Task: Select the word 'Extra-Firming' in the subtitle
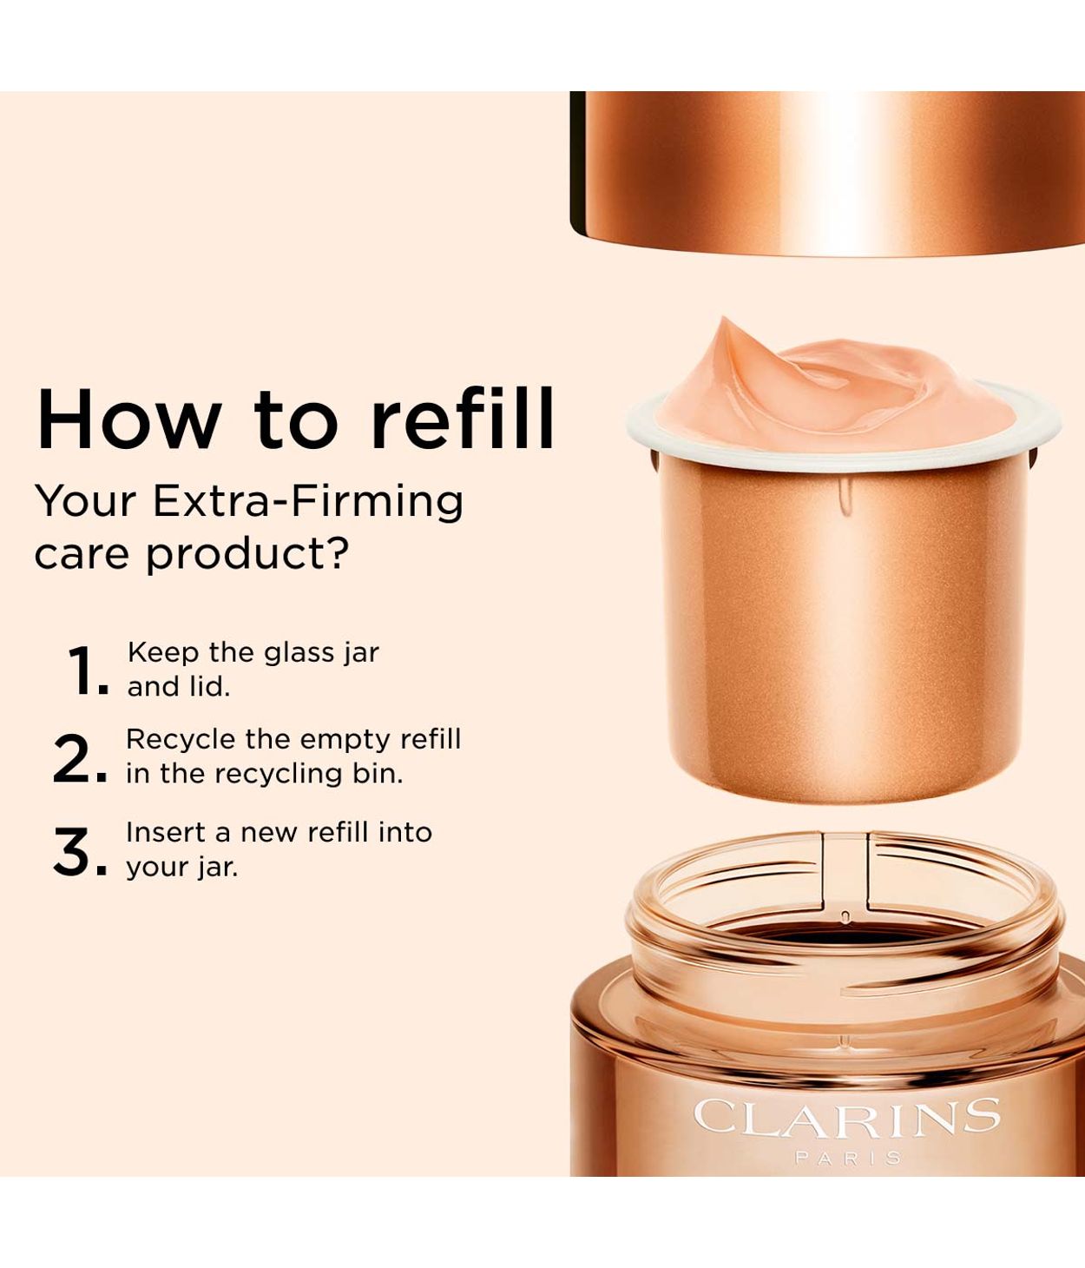tap(307, 502)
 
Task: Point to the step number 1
tap(84, 671)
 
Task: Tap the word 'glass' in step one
tap(296, 653)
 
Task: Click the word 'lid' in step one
tap(212, 687)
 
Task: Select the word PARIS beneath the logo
tap(847, 1158)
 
